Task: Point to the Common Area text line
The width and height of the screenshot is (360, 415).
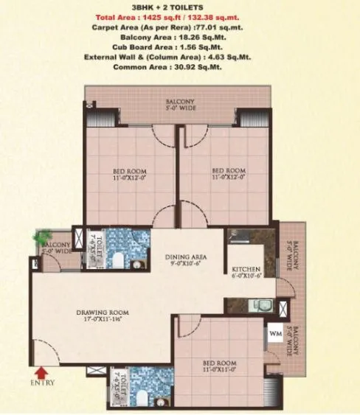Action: click(x=181, y=67)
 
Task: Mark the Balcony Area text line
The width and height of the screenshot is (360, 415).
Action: click(x=181, y=36)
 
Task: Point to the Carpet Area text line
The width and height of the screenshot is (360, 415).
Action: click(x=181, y=26)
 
